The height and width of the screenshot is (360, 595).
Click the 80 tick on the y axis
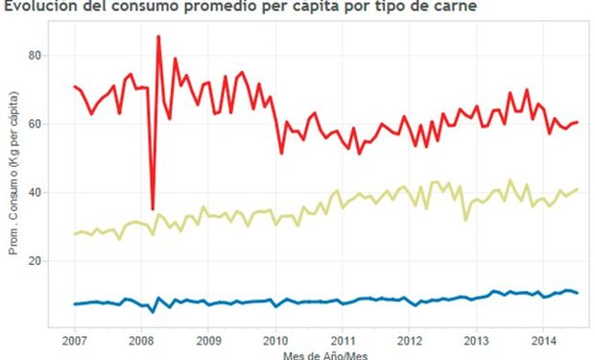[x=35, y=56]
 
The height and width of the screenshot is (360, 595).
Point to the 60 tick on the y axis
[x=35, y=124]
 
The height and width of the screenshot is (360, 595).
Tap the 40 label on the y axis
[x=35, y=193]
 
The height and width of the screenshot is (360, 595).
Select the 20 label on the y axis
[x=35, y=261]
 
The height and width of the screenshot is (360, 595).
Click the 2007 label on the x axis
[x=75, y=340]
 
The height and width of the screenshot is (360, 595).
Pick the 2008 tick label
[x=141, y=340]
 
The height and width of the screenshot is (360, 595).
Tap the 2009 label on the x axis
[x=208, y=340]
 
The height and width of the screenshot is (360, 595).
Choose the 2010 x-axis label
[x=275, y=340]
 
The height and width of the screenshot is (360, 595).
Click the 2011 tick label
[x=343, y=340]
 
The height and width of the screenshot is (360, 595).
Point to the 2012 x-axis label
[x=410, y=340]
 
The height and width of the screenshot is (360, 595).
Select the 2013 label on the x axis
[x=477, y=340]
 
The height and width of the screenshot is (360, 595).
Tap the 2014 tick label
[x=543, y=340]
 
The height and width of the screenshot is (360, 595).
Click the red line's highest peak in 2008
[x=158, y=36]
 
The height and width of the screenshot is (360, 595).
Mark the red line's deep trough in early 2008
[x=153, y=209]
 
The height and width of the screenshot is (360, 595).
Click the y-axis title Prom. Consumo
[x=13, y=173]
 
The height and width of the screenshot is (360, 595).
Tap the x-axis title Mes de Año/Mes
[x=325, y=356]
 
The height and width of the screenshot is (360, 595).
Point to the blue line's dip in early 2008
[x=153, y=312]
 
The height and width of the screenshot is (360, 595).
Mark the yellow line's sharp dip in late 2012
[x=465, y=220]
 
